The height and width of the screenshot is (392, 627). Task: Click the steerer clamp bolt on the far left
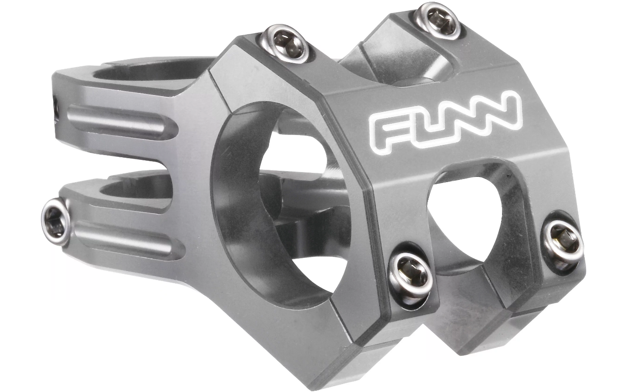click(54, 222)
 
